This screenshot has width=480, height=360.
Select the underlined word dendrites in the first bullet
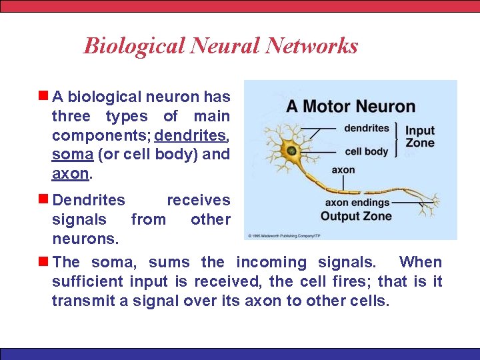(x=191, y=135)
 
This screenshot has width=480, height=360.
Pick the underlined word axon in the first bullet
(x=70, y=174)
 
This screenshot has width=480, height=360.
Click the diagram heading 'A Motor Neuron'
(x=351, y=106)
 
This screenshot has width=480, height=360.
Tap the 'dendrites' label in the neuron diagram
(x=366, y=128)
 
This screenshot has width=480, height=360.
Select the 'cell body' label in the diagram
(x=366, y=151)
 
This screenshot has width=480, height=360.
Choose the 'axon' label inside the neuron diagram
(x=343, y=170)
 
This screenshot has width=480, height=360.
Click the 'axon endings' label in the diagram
(x=357, y=203)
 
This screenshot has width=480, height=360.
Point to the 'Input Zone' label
(x=419, y=137)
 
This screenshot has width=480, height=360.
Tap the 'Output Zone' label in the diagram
(x=356, y=216)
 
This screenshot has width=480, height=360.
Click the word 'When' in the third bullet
(x=420, y=262)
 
